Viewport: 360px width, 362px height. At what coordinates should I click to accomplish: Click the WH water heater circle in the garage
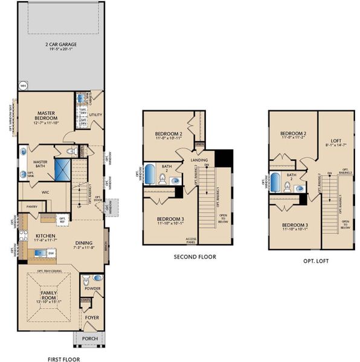[x=24, y=85]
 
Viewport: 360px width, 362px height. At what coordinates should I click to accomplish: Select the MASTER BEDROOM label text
[x=47, y=115]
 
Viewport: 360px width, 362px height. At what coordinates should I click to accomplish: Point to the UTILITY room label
[x=95, y=114]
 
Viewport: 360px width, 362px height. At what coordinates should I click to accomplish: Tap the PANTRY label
[x=31, y=206]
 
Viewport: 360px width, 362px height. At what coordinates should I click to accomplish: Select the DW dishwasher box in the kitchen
[x=52, y=254]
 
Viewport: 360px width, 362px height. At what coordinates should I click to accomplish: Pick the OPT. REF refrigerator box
[x=62, y=219]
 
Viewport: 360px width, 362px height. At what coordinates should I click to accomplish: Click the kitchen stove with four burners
[x=24, y=233]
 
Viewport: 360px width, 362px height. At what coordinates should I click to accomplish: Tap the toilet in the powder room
[x=86, y=280]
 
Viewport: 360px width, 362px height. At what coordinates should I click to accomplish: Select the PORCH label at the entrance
[x=89, y=338]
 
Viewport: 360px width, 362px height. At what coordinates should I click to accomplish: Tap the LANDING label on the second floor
[x=200, y=160]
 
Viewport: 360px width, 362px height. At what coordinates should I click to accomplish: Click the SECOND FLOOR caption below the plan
[x=195, y=256]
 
